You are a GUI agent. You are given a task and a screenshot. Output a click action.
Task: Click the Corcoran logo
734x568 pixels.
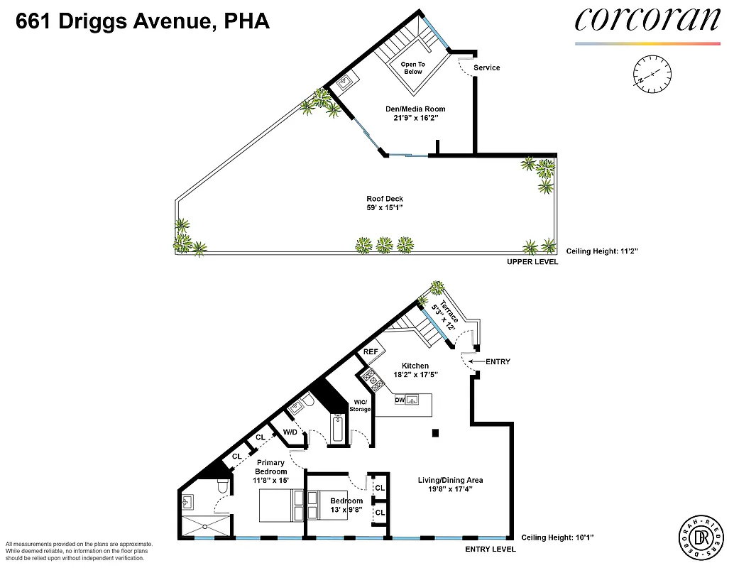[x=646, y=21]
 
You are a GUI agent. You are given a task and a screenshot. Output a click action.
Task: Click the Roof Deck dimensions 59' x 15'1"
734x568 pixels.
[x=386, y=208]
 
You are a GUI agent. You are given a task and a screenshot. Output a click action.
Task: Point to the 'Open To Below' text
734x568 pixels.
[x=412, y=68]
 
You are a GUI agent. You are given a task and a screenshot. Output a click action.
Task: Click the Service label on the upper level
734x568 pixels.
[x=487, y=68]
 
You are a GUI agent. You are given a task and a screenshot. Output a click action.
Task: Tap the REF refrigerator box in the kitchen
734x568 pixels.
[x=371, y=351]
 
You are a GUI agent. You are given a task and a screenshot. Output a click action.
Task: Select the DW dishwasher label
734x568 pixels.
[x=400, y=400]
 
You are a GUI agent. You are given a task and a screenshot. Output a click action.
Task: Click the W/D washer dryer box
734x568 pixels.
[x=290, y=432]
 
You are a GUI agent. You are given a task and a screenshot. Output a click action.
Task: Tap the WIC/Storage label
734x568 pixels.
[x=360, y=405]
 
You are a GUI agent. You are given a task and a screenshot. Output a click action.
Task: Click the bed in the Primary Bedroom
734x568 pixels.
[x=281, y=506]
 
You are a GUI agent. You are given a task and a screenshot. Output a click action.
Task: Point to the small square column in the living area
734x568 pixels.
[x=436, y=433]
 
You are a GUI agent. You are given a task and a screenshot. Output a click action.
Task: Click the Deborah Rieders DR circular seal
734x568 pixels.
[x=699, y=536]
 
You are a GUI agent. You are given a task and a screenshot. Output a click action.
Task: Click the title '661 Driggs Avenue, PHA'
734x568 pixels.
[x=143, y=22]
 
